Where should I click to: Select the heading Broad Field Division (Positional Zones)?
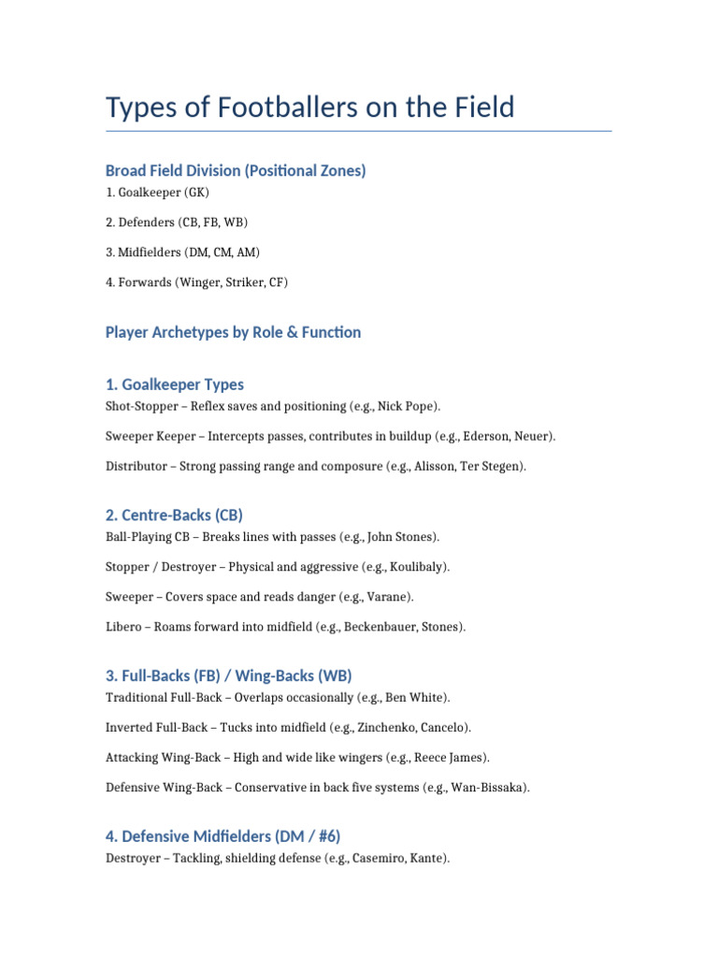click(x=236, y=170)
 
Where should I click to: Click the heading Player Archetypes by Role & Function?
click(x=233, y=332)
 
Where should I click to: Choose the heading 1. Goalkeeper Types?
click(x=175, y=385)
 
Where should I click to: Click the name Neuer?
click(x=535, y=437)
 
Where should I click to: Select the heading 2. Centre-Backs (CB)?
click(x=174, y=515)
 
